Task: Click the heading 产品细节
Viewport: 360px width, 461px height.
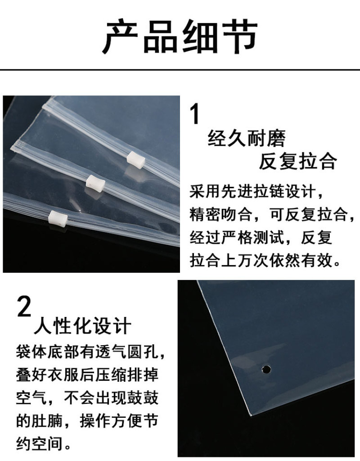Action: (x=180, y=36)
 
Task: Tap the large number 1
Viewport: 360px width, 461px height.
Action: (x=195, y=114)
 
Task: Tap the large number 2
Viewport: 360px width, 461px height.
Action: (x=24, y=306)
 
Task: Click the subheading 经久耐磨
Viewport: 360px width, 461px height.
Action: (x=247, y=139)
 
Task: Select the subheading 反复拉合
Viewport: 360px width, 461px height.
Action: (x=298, y=161)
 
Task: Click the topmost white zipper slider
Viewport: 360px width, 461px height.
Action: (x=136, y=158)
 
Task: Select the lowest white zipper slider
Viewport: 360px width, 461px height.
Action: (x=58, y=218)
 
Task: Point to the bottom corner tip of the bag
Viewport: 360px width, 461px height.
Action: (x=251, y=415)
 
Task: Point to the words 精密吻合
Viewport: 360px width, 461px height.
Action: (x=220, y=215)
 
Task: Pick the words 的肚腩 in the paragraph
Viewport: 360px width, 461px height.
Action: (x=39, y=420)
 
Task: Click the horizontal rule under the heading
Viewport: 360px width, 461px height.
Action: (x=180, y=70)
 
